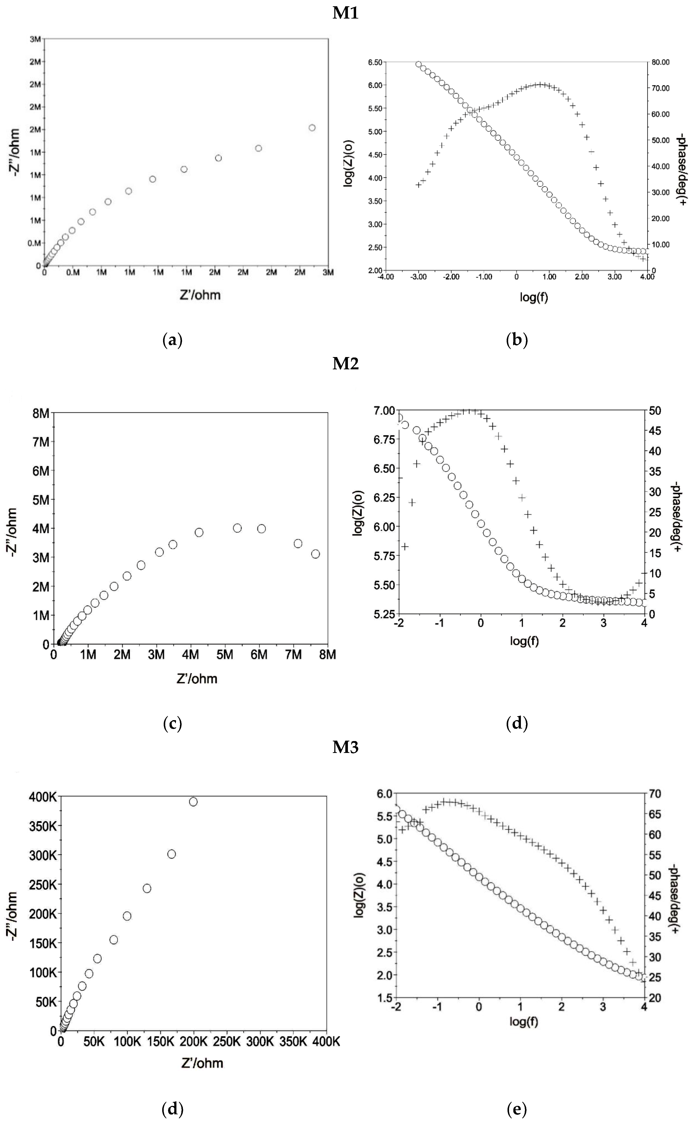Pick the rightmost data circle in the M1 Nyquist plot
coord(312,128)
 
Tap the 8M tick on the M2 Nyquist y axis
coord(41,413)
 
